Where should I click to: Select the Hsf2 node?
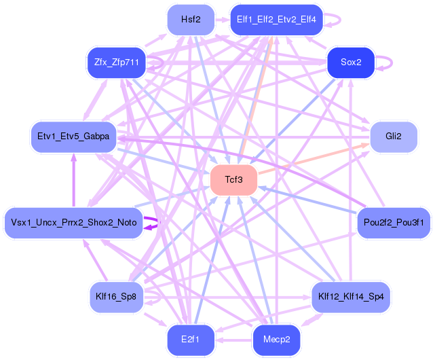[191, 19]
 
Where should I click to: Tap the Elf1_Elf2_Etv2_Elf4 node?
[277, 19]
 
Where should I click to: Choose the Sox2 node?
[351, 62]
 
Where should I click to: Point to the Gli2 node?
[393, 137]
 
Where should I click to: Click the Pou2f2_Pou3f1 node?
[394, 222]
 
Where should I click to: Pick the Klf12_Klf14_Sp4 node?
[351, 296]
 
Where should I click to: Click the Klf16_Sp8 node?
[117, 296]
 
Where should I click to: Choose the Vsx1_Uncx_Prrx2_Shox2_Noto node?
[74, 222]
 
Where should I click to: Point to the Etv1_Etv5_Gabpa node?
[74, 137]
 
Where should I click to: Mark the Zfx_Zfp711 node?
[117, 62]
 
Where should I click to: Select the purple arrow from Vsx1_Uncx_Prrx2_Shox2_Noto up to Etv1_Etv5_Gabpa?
[73, 180]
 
